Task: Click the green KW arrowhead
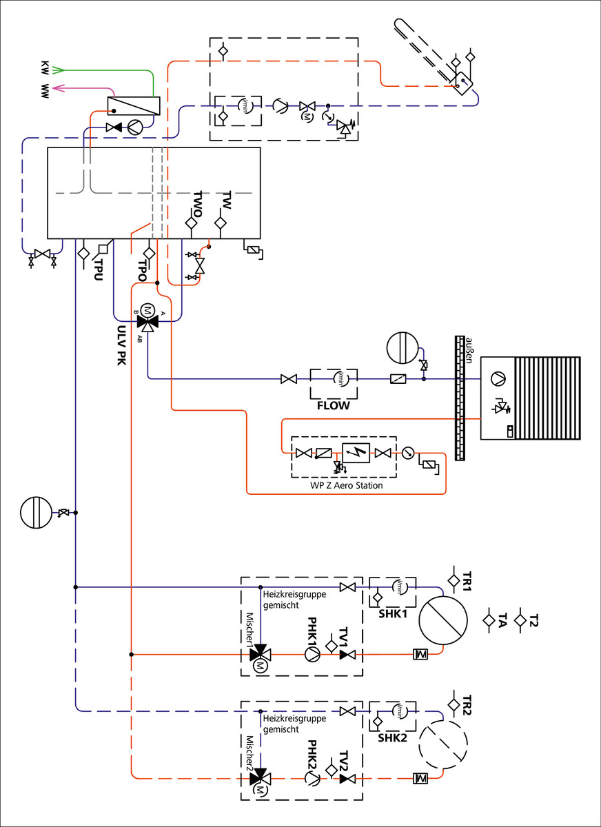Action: [59, 70]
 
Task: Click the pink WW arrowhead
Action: [59, 88]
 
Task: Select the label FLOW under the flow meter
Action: [333, 406]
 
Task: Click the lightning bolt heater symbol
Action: [356, 453]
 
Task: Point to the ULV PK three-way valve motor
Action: [146, 309]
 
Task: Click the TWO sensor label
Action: [197, 204]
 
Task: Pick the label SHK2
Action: [391, 737]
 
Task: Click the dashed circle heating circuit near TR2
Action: [443, 746]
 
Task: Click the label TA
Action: [502, 620]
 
